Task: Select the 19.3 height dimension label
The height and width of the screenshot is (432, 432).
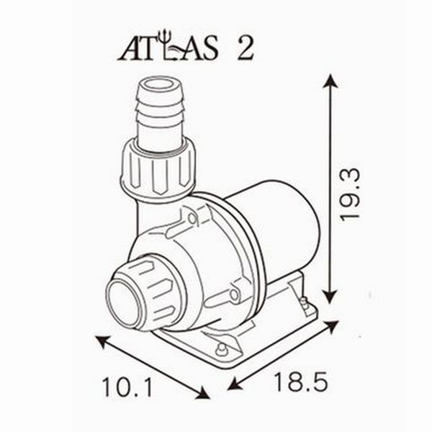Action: pos(351,195)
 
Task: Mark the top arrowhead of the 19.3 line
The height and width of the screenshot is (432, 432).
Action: pos(330,80)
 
